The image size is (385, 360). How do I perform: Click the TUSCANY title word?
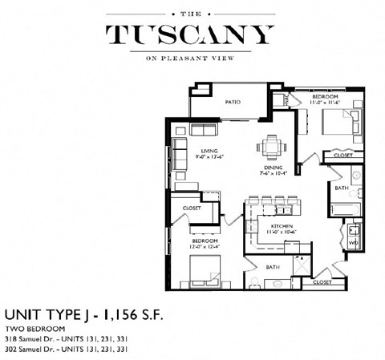point(192,35)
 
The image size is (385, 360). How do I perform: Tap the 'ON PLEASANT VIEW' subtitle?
point(192,59)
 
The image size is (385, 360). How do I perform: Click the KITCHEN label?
point(282,227)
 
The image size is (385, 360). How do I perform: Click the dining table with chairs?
point(269,147)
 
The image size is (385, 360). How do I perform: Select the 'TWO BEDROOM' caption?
point(32,330)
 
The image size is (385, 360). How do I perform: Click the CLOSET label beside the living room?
point(192,208)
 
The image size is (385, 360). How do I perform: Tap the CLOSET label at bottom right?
point(322,282)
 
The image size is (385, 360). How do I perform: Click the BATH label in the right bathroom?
point(341,189)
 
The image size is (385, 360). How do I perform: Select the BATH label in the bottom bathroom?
point(272,266)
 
